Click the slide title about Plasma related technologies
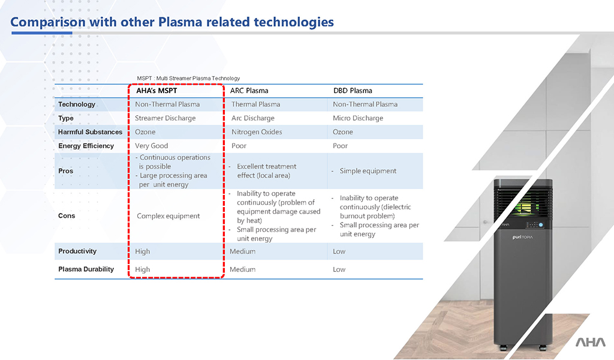coord(172,22)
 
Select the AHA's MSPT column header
coord(156,91)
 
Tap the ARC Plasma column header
coord(249,91)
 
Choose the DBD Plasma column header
coord(353,91)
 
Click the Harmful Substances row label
coord(90,132)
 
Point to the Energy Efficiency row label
coord(86,146)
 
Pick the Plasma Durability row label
coord(86,269)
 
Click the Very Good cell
coord(152,146)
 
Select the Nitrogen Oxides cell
coord(257,132)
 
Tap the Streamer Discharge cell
coord(165,118)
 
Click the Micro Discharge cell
coord(358,118)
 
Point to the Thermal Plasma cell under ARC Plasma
coord(255,104)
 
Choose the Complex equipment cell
coord(168,216)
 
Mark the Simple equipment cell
coord(368,171)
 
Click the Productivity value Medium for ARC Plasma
coord(242,251)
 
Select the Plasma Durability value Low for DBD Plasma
coord(339,269)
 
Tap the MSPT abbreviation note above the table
coord(188,79)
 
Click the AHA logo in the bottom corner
coord(591,342)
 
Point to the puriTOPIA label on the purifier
coord(523,237)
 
